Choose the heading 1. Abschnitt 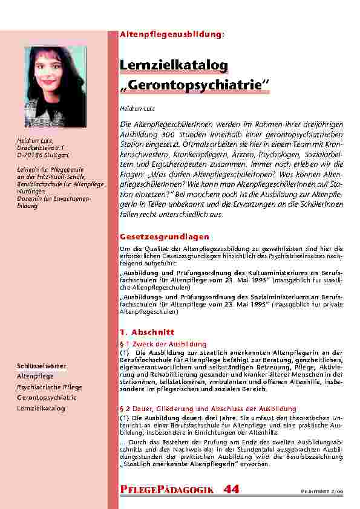148,332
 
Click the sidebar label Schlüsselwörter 42,366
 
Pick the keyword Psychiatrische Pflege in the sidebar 50,387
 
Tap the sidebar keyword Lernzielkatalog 41,408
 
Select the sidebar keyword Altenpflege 35,376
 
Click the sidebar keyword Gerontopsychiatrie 47,398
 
